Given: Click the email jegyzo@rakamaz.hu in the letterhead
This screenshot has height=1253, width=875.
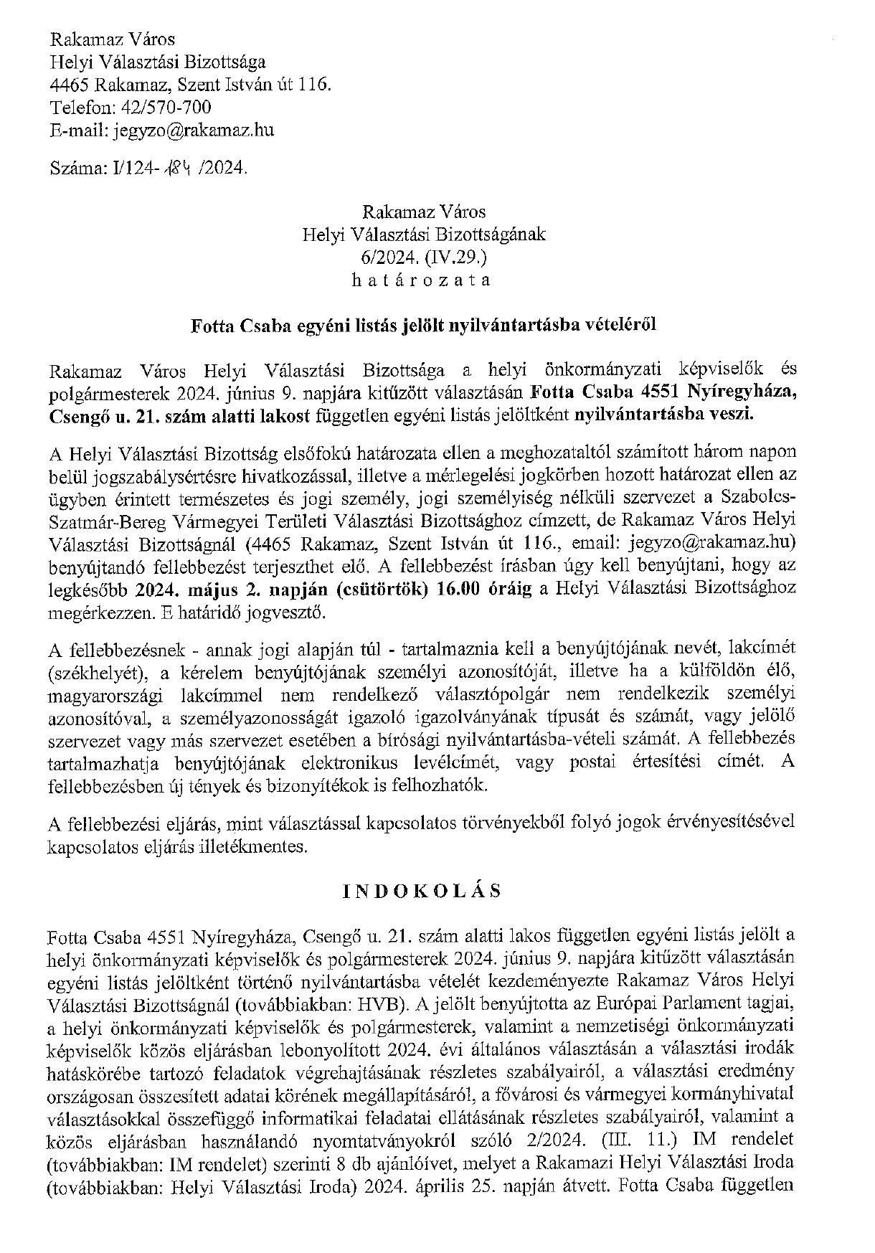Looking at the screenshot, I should click(191, 131).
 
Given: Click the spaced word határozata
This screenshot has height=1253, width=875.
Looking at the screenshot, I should click(423, 280).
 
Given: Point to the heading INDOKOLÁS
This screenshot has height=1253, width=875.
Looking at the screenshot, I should click(422, 891).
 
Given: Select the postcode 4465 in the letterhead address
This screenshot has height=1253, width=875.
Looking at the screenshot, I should click(69, 85).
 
